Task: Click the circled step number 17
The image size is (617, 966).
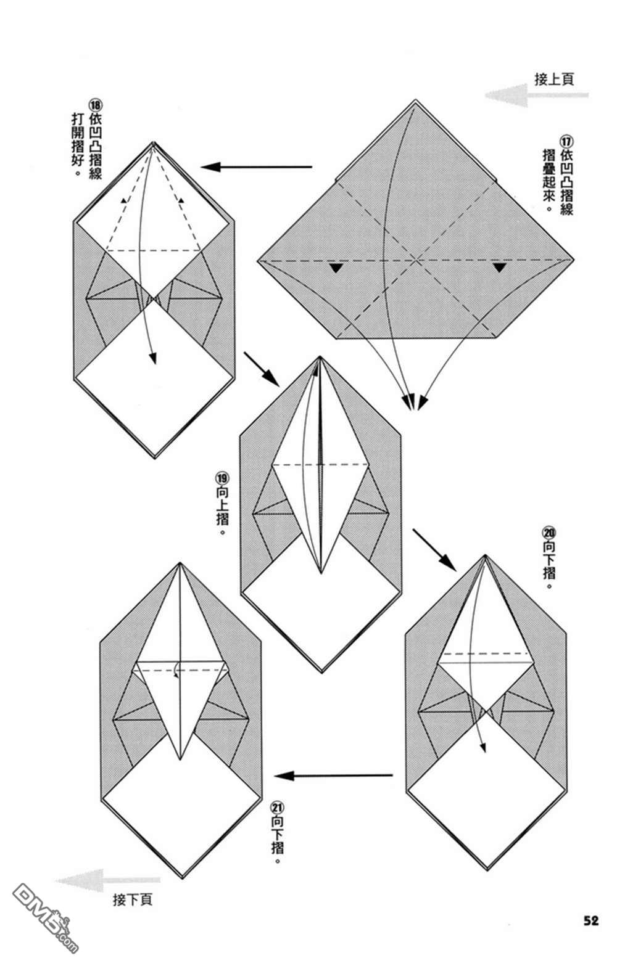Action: click(566, 142)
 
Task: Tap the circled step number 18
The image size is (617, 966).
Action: click(96, 105)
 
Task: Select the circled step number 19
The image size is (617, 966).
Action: click(222, 479)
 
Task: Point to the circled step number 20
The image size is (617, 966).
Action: click(549, 533)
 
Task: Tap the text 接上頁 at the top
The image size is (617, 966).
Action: click(554, 79)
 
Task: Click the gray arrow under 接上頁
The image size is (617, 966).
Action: click(536, 95)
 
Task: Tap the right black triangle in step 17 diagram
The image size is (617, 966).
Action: click(499, 268)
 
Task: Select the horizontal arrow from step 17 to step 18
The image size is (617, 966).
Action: click(256, 166)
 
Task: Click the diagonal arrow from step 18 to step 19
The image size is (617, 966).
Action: click(262, 368)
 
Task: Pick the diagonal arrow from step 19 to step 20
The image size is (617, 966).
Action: click(433, 549)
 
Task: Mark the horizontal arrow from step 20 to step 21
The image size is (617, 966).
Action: click(333, 776)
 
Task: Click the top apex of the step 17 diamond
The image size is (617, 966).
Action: click(415, 100)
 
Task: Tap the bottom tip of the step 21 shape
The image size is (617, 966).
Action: click(181, 877)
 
